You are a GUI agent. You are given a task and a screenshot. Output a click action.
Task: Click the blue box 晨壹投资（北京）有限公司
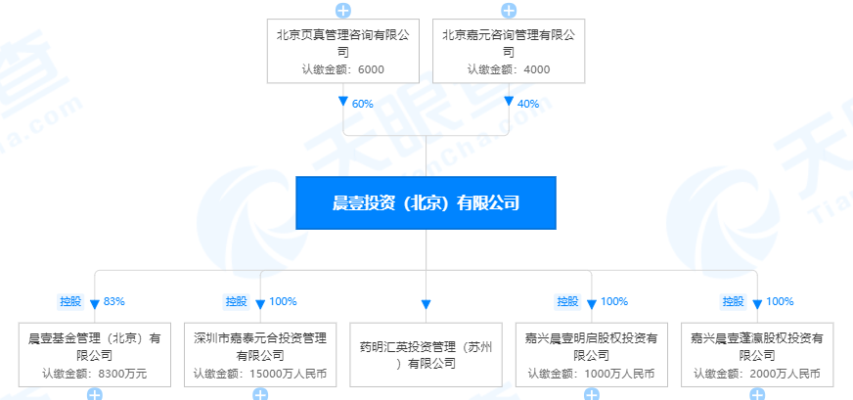[x=426, y=203]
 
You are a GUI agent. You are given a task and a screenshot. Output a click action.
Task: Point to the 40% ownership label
[x=527, y=103]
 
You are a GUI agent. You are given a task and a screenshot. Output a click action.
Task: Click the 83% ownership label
[x=114, y=301]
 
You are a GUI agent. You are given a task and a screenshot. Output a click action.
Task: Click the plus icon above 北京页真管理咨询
[x=343, y=11]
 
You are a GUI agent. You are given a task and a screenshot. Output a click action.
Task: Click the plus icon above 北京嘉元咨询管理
[x=508, y=11]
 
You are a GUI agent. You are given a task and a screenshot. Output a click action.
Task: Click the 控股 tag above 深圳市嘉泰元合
[x=237, y=301]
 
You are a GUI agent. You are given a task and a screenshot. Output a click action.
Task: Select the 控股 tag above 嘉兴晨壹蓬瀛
[x=734, y=301]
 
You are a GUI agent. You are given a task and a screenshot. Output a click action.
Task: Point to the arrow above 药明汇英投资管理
[x=426, y=304]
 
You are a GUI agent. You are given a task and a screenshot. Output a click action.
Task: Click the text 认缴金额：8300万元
[x=95, y=373]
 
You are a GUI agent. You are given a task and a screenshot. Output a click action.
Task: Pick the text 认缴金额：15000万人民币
[x=260, y=373]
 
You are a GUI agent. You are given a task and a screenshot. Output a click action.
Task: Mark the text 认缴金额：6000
[x=343, y=69]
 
